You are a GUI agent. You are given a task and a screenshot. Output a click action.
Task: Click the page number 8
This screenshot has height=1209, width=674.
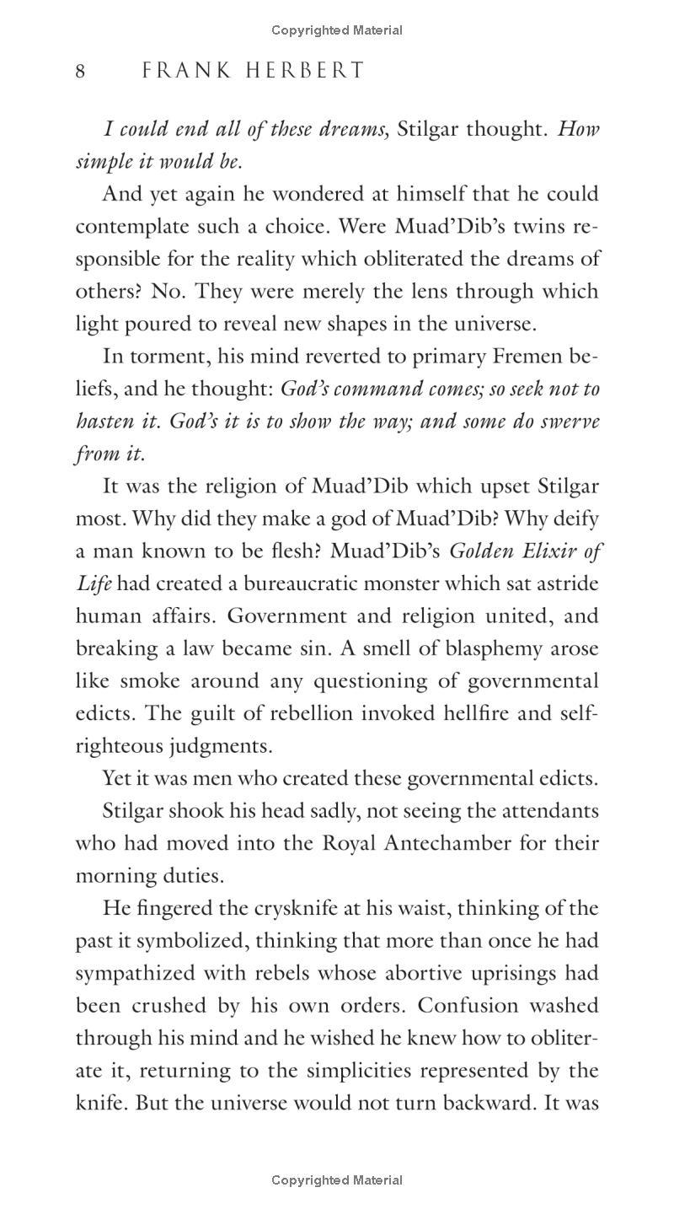81,71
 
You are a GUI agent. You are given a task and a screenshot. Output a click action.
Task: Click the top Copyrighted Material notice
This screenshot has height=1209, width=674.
337,30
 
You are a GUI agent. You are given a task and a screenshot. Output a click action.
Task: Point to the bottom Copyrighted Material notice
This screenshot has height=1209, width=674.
337,1180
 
